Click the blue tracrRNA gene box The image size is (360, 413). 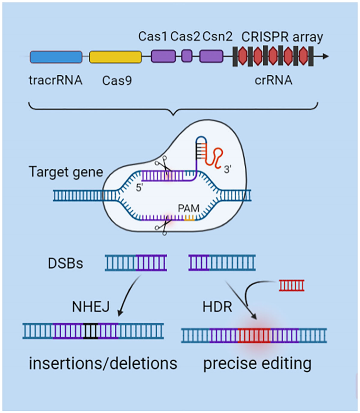[x=56, y=57]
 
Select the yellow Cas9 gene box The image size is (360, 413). [x=115, y=57]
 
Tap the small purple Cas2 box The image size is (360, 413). [x=186, y=57]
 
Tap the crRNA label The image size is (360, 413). [x=274, y=80]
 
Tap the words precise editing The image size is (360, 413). [x=257, y=364]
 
